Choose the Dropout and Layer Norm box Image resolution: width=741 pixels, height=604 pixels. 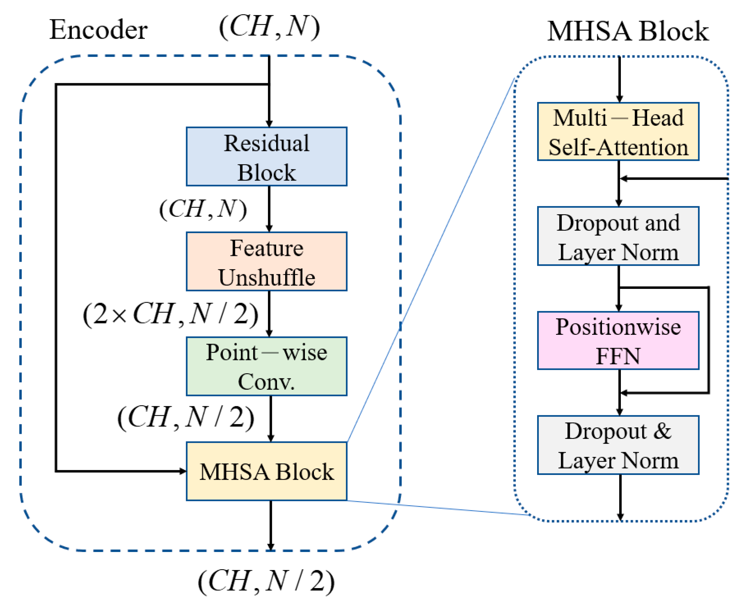tap(618, 236)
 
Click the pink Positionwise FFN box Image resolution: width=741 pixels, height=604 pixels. tap(618, 341)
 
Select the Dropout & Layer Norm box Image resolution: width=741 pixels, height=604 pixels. tap(618, 445)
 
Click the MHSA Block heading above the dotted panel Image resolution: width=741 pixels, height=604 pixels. tap(628, 31)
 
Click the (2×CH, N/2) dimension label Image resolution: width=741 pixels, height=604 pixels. tap(171, 314)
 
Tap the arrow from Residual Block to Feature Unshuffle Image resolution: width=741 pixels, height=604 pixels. tap(269, 209)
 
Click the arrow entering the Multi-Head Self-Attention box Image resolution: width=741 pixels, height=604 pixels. tap(620, 80)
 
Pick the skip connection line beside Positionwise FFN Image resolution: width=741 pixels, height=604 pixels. tap(708, 340)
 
